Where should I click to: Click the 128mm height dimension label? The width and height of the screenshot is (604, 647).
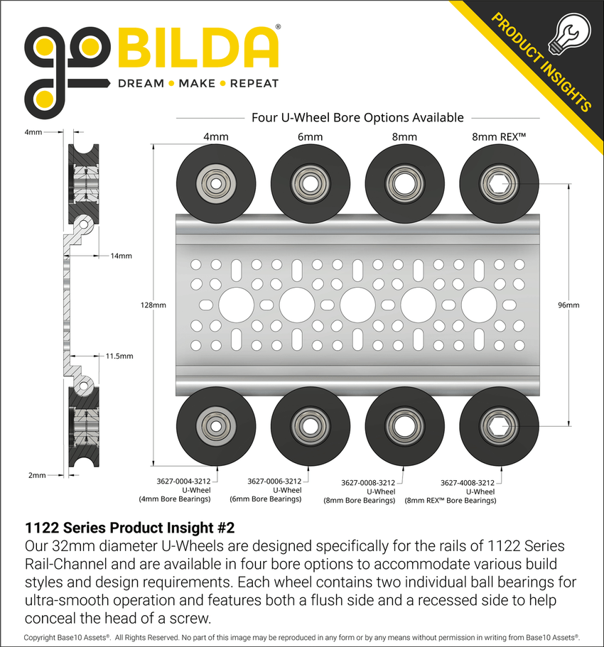pos(154,305)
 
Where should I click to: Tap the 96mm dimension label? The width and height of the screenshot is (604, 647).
pos(569,305)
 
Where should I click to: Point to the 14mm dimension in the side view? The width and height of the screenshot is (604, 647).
pos(120,256)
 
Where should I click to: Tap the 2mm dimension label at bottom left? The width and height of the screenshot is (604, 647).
pos(37,475)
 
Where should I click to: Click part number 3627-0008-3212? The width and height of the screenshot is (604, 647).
pos(368,482)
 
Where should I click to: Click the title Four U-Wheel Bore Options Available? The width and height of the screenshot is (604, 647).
pos(357,117)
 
